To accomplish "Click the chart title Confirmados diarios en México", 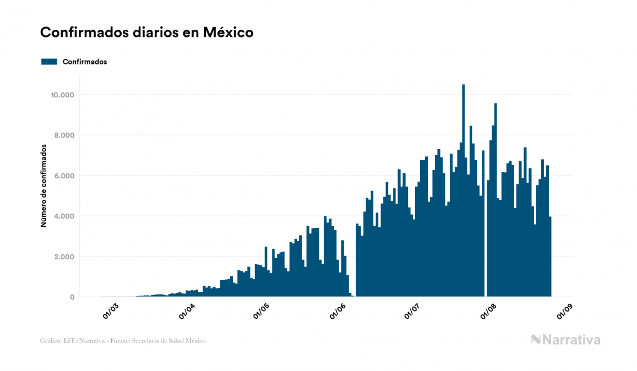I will point(146,32).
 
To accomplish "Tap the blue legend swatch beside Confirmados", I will point(49,62).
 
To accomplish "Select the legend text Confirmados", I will point(85,62).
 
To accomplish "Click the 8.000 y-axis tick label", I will point(63,135).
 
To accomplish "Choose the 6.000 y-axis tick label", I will point(63,176).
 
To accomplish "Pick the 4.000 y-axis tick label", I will point(63,216).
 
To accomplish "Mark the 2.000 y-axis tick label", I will point(63,257).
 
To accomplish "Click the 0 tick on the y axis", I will point(72,297).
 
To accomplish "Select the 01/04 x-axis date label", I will point(187,310).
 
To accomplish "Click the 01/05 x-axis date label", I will point(262,310).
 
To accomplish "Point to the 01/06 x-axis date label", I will point(338,310).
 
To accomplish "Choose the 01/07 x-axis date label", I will point(412,310).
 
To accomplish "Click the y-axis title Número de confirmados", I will point(43,186).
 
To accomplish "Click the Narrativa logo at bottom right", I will point(565,340).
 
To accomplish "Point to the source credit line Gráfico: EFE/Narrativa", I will point(123,341).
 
